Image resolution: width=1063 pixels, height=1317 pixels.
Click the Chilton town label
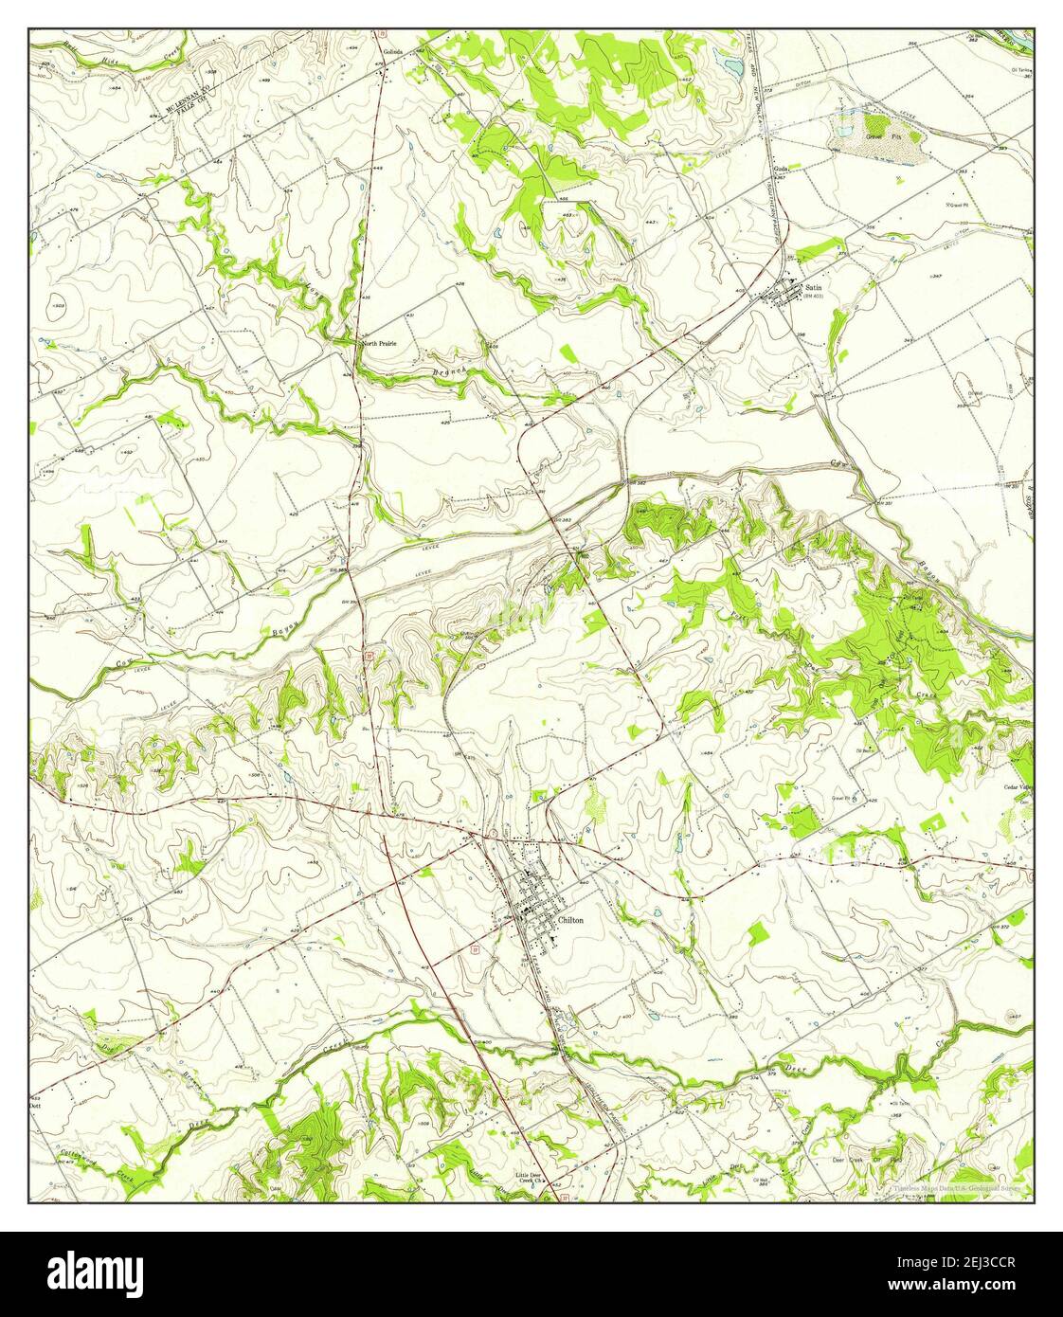coord(571,920)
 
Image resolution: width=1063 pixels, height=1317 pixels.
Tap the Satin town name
coord(813,286)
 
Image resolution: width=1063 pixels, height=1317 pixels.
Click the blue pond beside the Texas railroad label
coord(729,64)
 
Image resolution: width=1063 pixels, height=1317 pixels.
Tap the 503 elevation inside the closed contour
coord(59,306)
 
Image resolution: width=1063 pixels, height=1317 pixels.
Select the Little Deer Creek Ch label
coord(532,1178)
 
